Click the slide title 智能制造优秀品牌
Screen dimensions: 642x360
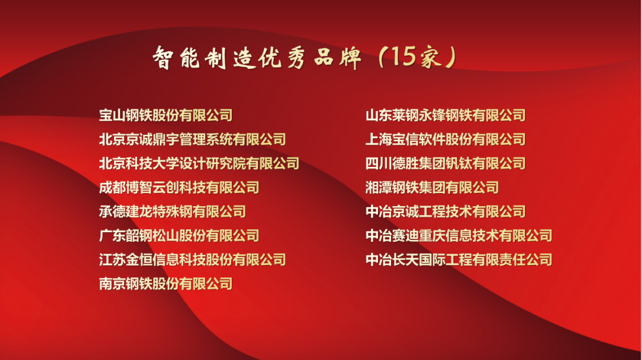pos(257,57)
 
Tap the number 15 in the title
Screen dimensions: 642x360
pos(403,56)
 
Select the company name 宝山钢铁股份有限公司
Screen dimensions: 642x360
pos(166,115)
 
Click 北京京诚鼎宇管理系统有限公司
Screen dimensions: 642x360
pos(193,140)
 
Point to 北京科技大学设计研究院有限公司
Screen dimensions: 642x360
pos(199,163)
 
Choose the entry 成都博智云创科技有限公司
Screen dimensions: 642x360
pos(179,188)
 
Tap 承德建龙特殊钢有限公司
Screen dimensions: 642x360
pos(172,212)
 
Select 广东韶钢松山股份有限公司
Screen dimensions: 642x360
pos(179,236)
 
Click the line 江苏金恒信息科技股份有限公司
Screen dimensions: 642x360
pos(193,260)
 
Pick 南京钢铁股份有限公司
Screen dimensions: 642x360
pos(166,284)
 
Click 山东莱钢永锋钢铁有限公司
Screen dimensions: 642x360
pos(445,115)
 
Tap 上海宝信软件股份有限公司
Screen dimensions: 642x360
pos(445,140)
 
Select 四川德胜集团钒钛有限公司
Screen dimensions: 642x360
pos(445,163)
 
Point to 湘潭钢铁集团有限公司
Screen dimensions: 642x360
pos(432,188)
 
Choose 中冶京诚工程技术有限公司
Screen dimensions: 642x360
pos(445,212)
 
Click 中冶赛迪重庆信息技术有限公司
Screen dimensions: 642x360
pos(458,236)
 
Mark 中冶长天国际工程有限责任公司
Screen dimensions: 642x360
pos(458,260)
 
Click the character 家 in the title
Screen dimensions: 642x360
pos(430,57)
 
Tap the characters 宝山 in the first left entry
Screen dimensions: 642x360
pos(112,115)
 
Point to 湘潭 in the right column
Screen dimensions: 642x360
pos(379,188)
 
